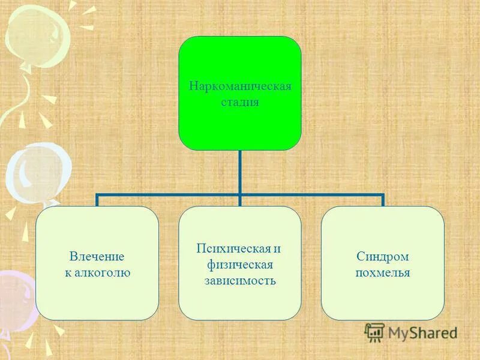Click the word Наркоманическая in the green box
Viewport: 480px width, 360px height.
point(240,86)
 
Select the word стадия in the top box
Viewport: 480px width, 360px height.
point(240,102)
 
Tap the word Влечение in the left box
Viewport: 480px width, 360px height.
point(97,257)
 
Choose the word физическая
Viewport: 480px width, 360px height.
point(240,265)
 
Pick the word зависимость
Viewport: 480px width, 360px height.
point(240,280)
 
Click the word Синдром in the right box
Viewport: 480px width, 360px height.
point(383,257)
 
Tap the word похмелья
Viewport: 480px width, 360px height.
point(383,273)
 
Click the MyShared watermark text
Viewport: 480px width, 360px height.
point(422,332)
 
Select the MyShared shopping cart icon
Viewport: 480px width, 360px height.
point(375,332)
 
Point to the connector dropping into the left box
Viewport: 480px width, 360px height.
point(97,200)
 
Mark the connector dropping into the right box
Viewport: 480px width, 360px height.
point(382,200)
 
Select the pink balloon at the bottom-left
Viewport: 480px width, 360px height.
point(15,300)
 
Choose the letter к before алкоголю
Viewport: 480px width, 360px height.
point(67,273)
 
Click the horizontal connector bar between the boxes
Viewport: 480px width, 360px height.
point(168,194)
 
